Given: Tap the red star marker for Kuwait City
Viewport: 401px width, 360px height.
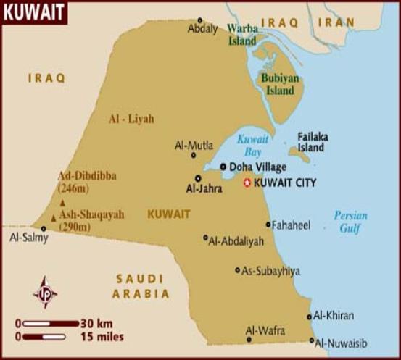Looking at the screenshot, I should click(247, 183).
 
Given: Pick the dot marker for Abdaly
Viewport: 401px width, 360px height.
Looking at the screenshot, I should click(200, 20).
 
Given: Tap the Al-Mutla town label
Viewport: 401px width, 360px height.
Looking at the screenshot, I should click(194, 145).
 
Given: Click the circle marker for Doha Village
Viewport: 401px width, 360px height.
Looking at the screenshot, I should click(223, 166).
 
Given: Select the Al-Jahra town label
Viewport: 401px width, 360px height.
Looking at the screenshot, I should click(202, 188).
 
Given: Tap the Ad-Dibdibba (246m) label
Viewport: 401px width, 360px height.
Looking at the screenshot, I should click(87, 182).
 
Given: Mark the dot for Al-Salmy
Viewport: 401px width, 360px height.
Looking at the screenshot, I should click(44, 228).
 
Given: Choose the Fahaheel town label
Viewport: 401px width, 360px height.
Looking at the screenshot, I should click(292, 225).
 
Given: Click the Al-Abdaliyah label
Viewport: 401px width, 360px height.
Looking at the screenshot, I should click(236, 241).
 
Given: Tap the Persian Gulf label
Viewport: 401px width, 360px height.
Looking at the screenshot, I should click(351, 222).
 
